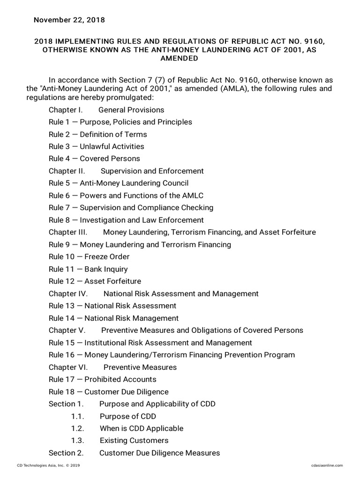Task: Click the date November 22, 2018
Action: [69, 20]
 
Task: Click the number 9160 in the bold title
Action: [313, 41]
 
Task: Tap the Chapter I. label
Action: [66, 110]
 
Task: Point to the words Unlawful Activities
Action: [112, 146]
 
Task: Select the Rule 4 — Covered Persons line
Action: [94, 158]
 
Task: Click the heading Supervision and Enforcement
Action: [152, 171]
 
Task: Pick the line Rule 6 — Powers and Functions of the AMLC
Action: [126, 195]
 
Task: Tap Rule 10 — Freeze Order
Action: [89, 256]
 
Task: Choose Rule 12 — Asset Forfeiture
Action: [95, 281]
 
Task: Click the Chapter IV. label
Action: [68, 293]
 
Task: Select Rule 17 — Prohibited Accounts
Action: [103, 379]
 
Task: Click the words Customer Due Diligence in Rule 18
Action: [127, 391]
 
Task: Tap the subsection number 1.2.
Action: [77, 428]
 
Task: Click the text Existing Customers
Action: [134, 441]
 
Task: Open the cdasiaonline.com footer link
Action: [327, 465]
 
